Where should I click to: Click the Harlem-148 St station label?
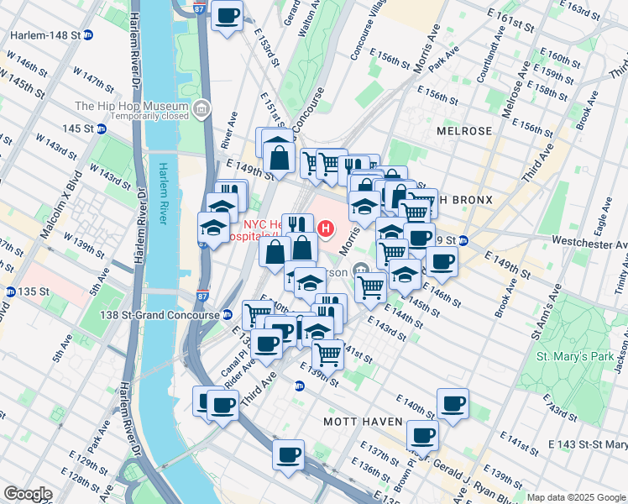[x=44, y=35]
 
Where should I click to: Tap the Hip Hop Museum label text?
[x=131, y=106]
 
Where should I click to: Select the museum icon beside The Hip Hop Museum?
[x=201, y=108]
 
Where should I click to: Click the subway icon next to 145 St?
[x=101, y=129]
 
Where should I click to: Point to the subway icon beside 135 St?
[x=10, y=291]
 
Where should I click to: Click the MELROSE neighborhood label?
[x=463, y=132]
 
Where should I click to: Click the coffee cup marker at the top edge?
[x=227, y=16]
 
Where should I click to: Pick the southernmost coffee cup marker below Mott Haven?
[x=288, y=456]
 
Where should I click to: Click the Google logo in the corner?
[x=28, y=494]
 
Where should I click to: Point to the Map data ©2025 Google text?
[x=575, y=497]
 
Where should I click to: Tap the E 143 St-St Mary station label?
[x=587, y=444]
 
